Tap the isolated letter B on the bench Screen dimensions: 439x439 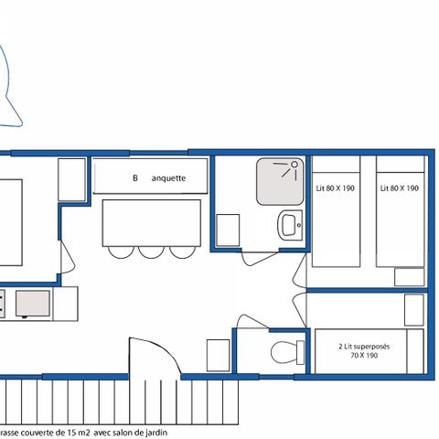[x=134, y=179]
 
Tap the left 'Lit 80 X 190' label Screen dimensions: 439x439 [x=335, y=187]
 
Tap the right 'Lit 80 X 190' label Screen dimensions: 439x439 [x=400, y=187]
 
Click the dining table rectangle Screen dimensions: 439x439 [x=151, y=223]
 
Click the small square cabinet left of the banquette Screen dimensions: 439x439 [x=72, y=173]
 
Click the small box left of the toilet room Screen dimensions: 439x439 [x=217, y=352]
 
